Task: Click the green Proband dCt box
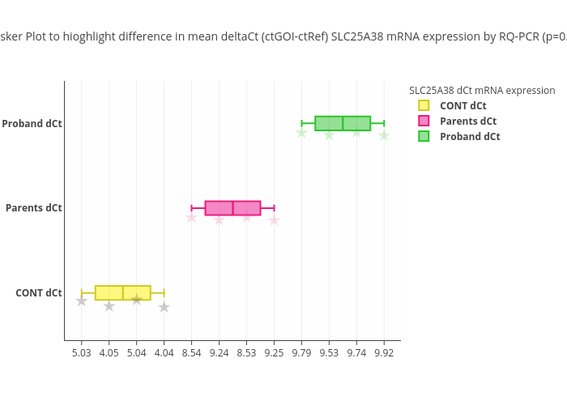pyautogui.click(x=343, y=123)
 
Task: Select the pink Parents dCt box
pyautogui.click(x=232, y=208)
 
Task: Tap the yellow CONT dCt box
pyautogui.click(x=122, y=293)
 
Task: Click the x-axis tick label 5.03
pyautogui.click(x=82, y=353)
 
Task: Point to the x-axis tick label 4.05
pyautogui.click(x=109, y=353)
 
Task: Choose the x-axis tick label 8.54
pyautogui.click(x=192, y=353)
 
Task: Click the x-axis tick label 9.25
pyautogui.click(x=275, y=353)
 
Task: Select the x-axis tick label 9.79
pyautogui.click(x=302, y=353)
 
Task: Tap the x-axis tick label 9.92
pyautogui.click(x=385, y=353)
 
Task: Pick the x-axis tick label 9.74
pyautogui.click(x=357, y=353)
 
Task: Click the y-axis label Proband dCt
pyautogui.click(x=32, y=124)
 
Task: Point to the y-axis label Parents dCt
pyautogui.click(x=34, y=208)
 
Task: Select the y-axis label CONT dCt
pyautogui.click(x=39, y=293)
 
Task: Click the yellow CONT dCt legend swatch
pyautogui.click(x=424, y=105)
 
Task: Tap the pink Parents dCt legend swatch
pyautogui.click(x=424, y=121)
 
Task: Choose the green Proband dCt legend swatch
pyautogui.click(x=424, y=136)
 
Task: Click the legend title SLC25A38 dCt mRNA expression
pyautogui.click(x=482, y=91)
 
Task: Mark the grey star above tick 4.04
pyautogui.click(x=164, y=307)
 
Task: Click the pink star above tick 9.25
pyautogui.click(x=275, y=220)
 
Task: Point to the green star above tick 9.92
pyautogui.click(x=385, y=135)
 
